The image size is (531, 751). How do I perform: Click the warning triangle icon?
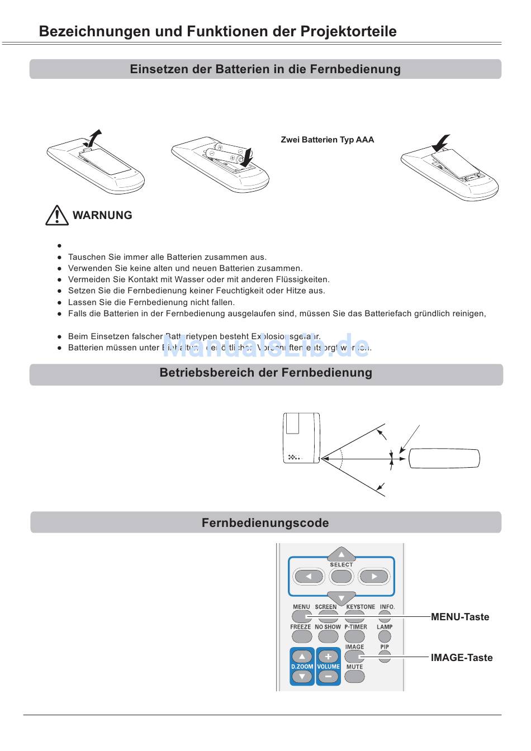56,216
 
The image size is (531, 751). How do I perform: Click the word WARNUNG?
102,215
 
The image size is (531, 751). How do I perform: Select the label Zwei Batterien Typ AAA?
327,140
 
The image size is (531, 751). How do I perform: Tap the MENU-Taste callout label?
459,617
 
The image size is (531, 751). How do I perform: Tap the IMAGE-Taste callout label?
461,658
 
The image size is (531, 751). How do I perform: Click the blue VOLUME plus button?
328,657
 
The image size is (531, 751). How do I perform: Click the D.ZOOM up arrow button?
302,657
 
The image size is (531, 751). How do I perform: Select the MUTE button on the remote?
354,676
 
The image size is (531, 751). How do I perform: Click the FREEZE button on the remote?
301,636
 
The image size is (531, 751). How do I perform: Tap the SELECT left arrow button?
309,577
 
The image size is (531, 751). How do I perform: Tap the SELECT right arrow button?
373,577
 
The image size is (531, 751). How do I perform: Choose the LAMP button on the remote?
385,636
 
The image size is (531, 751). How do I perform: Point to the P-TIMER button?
354,636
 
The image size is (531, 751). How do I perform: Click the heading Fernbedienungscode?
265,523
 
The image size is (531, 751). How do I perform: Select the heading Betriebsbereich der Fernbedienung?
265,373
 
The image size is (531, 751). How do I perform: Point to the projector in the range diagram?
302,438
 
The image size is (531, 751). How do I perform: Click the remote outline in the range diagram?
444,458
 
